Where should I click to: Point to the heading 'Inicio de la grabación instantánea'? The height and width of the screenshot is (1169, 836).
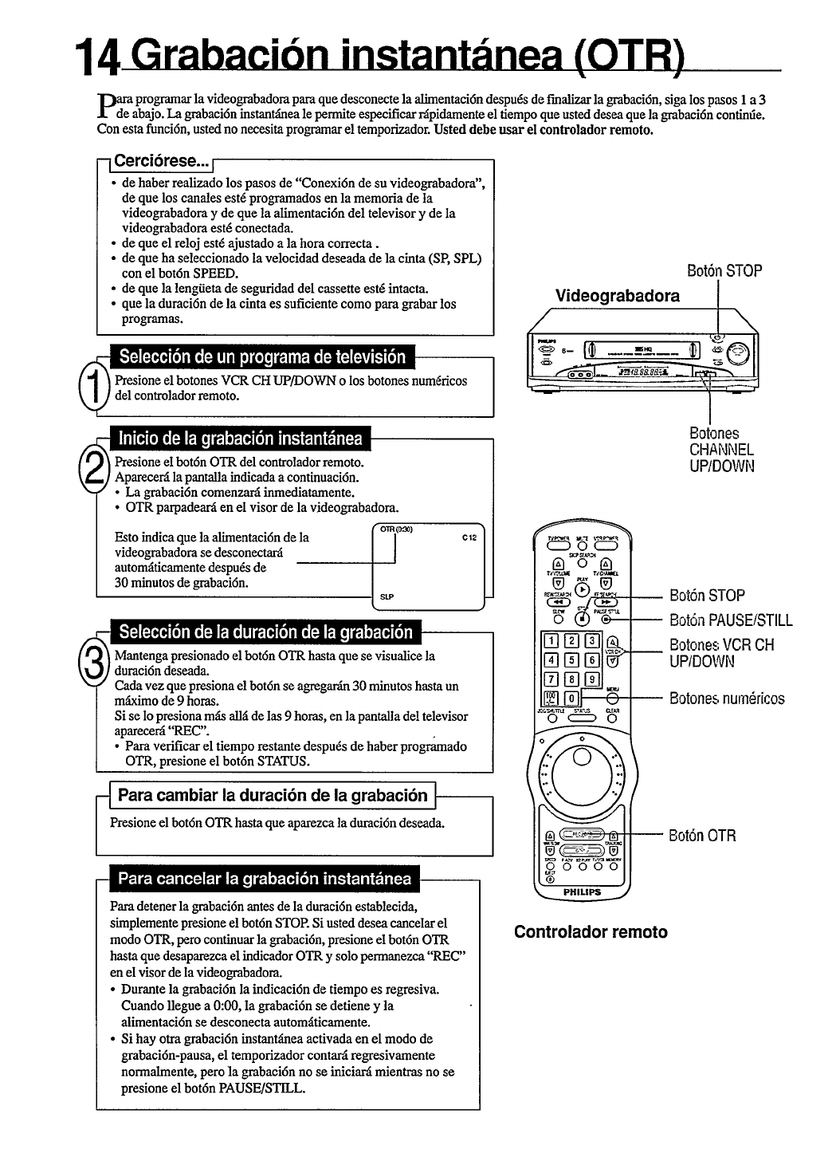(239, 439)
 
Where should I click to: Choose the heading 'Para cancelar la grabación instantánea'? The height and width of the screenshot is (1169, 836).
(264, 880)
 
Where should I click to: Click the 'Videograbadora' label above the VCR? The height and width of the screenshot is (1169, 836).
(618, 297)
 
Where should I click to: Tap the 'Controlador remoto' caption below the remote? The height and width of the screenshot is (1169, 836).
(591, 932)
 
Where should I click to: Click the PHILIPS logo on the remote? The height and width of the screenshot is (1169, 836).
(581, 892)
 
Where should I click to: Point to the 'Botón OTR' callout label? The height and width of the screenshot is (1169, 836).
(701, 836)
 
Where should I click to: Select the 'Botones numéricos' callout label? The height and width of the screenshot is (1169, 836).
(727, 699)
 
